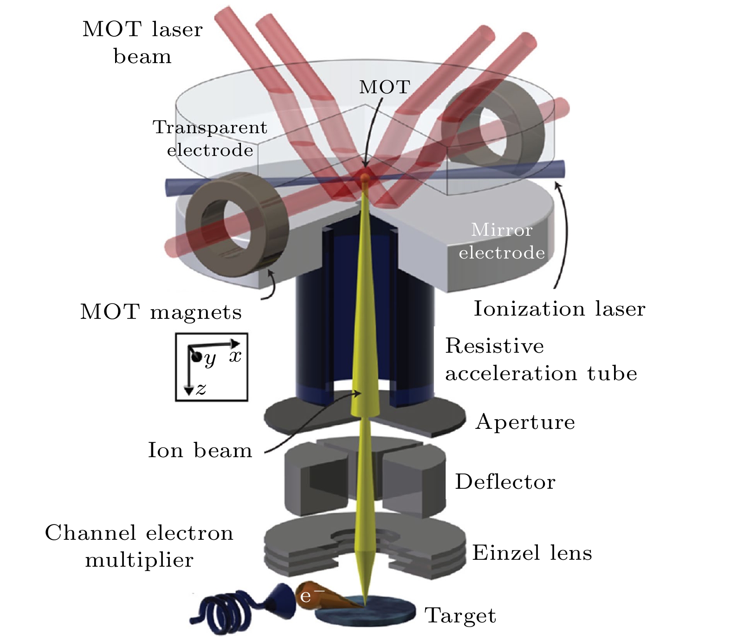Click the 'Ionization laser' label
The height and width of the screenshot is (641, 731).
tap(559, 309)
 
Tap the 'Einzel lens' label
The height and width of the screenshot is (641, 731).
tap(532, 553)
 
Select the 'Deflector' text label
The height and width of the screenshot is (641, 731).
tap(505, 482)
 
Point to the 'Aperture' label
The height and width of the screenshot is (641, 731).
tap(525, 422)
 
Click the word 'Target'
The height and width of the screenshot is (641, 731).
tap(460, 616)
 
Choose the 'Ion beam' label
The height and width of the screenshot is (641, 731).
tap(200, 450)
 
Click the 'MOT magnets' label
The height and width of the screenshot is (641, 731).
tap(161, 312)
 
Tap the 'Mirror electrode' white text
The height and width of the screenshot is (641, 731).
tap(501, 241)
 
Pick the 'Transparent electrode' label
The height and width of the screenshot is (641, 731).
tap(210, 138)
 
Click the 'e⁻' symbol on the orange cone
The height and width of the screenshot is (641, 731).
tap(305, 596)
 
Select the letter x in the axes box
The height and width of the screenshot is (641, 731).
tap(235, 356)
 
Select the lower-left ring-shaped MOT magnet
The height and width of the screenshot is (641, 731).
tap(237, 219)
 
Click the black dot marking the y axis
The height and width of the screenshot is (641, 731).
tap(196, 356)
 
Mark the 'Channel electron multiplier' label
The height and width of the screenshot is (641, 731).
tap(139, 546)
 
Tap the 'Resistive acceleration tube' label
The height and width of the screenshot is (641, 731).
tap(541, 360)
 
